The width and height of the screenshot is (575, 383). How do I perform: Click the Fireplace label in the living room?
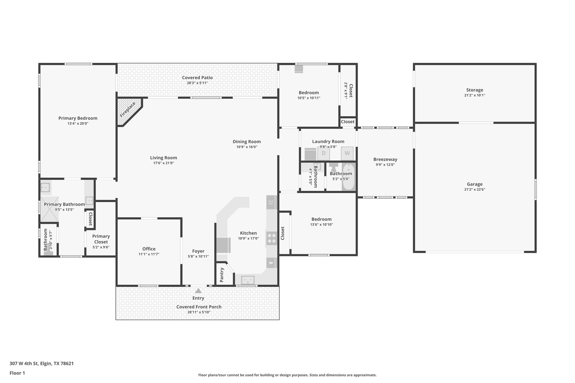click(x=128, y=110)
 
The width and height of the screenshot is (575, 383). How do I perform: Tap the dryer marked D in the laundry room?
click(x=323, y=153)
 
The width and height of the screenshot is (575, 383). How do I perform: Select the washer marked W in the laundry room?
click(x=347, y=153)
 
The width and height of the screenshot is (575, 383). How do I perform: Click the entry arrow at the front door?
click(x=198, y=291)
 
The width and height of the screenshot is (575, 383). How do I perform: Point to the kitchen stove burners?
click(x=271, y=238)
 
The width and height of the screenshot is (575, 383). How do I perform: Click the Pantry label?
click(x=222, y=275)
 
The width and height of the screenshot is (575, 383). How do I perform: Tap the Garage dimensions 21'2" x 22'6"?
click(x=475, y=189)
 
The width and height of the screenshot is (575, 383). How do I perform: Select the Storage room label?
click(x=475, y=90)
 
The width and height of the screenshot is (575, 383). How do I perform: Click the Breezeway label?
click(x=385, y=159)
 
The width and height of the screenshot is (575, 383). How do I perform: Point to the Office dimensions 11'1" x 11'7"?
click(x=149, y=254)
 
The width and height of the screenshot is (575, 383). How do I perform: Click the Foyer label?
click(x=198, y=251)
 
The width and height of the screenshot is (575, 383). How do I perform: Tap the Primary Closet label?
click(x=101, y=239)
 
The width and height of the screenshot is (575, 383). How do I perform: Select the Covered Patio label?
click(x=197, y=78)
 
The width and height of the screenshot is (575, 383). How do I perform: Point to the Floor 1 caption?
click(x=17, y=373)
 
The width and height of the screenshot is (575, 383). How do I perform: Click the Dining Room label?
click(x=247, y=142)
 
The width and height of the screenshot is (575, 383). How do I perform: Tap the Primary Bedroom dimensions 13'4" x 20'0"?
click(x=78, y=123)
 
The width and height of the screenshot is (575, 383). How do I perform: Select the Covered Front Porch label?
click(x=199, y=307)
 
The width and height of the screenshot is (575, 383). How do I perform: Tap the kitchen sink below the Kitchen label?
click(x=248, y=280)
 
